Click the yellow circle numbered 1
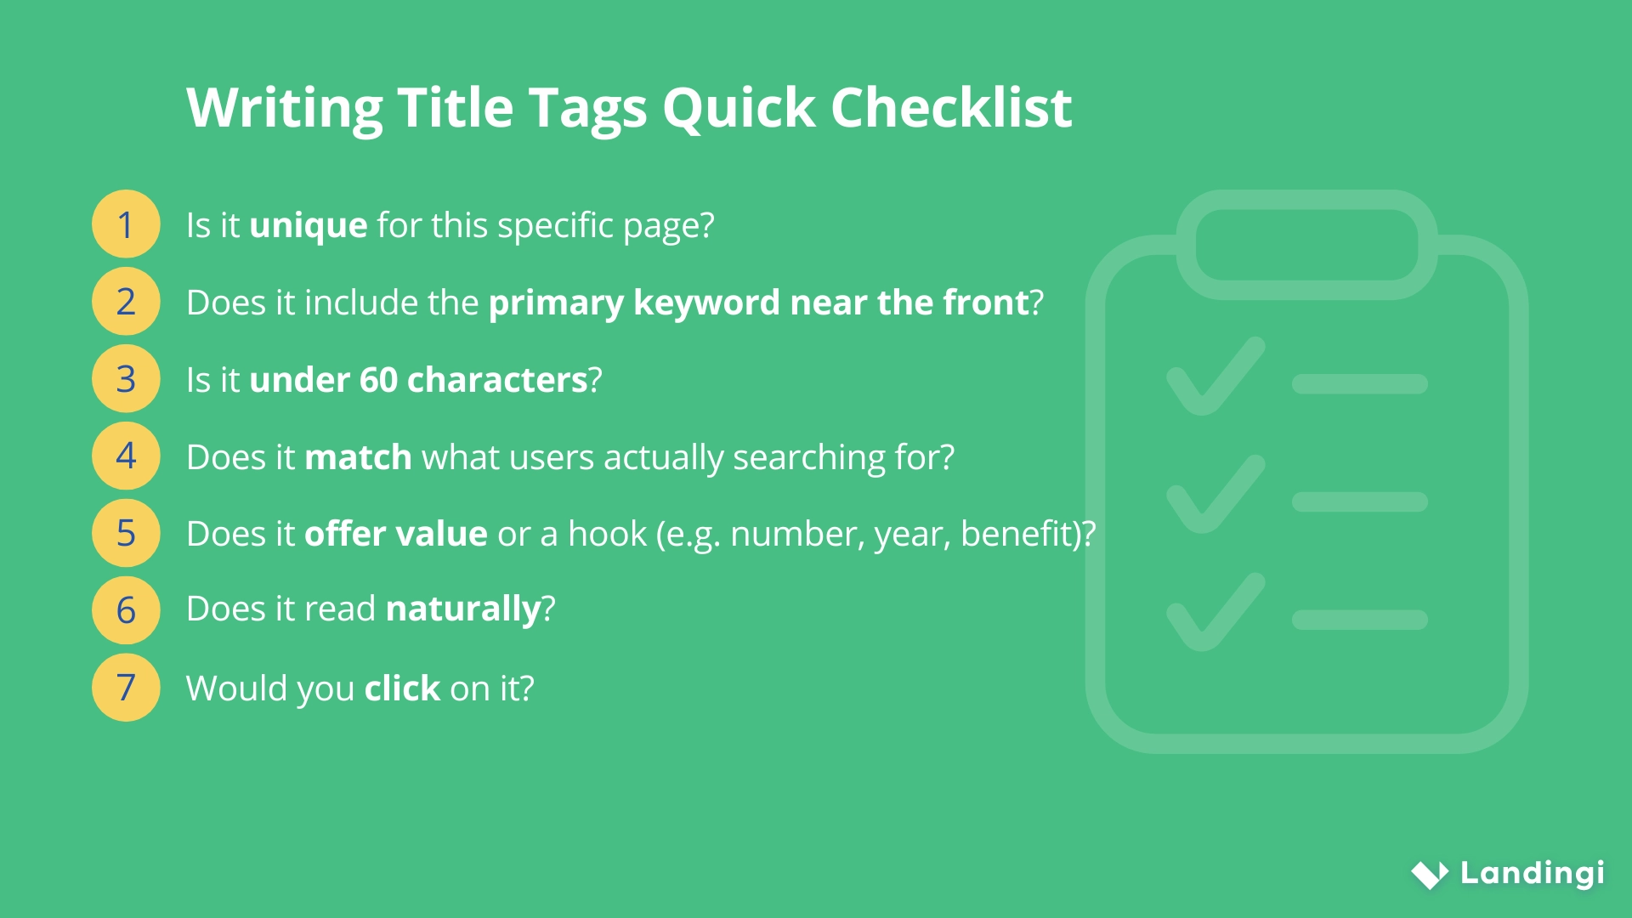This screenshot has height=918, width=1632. coord(126,224)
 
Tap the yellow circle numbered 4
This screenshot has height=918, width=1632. coord(126,456)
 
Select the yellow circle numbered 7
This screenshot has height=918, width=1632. coord(126,688)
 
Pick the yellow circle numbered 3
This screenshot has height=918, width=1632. coord(126,379)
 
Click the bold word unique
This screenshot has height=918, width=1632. coord(308,226)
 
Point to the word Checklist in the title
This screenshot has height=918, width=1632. coord(950,108)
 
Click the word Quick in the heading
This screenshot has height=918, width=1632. coord(739,108)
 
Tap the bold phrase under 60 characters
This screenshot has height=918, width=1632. coord(418,380)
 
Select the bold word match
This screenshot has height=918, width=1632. coord(358,457)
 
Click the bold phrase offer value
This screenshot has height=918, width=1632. coord(395,534)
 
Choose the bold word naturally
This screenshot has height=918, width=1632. coord(463,609)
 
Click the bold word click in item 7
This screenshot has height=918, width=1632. coord(402,688)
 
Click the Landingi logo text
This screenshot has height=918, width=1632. coord(1532,873)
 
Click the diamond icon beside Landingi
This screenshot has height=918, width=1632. coord(1430,874)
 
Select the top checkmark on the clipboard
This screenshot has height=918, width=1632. coord(1215,377)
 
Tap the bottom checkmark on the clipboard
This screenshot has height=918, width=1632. coord(1215,612)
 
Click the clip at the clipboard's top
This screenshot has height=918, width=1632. coord(1306,244)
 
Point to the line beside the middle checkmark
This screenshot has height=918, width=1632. coord(1359,501)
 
